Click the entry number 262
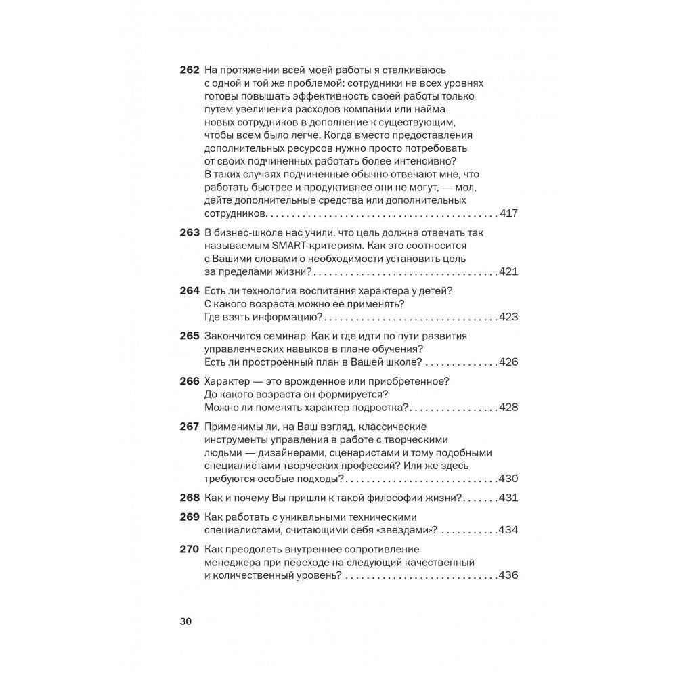point(189,70)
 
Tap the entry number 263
point(189,233)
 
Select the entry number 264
point(189,291)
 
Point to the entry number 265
point(189,336)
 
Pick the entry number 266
point(189,382)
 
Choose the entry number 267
point(189,427)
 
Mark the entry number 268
point(189,498)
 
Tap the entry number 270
point(189,550)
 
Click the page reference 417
point(508,214)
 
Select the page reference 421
point(508,271)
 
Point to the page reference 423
point(508,317)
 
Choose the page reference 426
point(508,362)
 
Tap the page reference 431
point(508,498)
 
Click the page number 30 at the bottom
point(187,622)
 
